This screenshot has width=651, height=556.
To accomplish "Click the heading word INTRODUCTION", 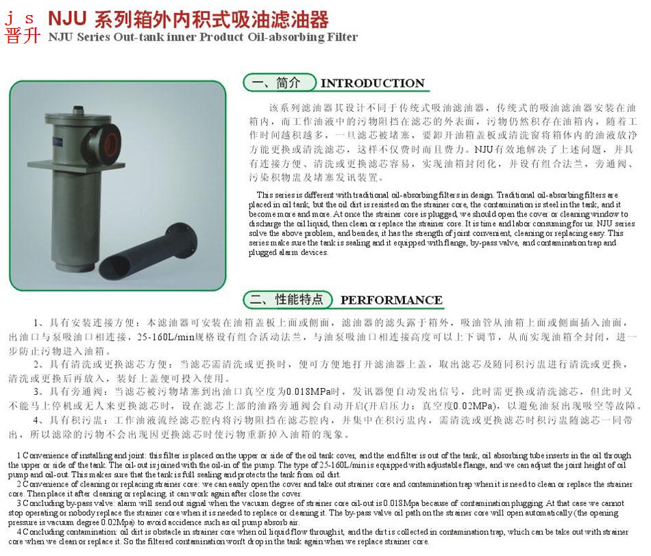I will click(373, 84).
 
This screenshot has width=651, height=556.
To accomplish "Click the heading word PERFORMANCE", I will click(391, 300).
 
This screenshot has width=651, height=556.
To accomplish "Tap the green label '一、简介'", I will click(276, 83).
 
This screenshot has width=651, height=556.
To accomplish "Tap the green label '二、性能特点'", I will click(286, 300).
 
